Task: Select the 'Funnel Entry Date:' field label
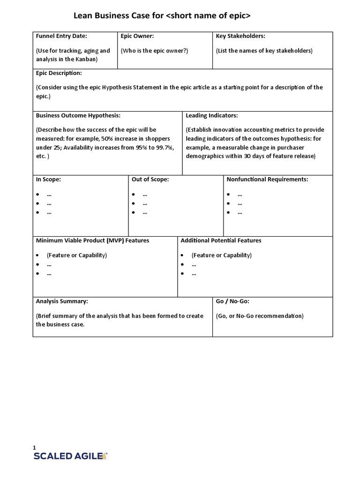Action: click(x=61, y=36)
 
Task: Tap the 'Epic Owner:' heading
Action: click(x=137, y=36)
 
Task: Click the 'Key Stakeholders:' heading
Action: click(x=240, y=36)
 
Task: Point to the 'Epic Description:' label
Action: click(x=59, y=73)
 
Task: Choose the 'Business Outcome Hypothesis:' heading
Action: click(x=78, y=115)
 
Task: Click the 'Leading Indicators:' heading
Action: click(x=211, y=115)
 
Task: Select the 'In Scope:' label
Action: click(x=48, y=180)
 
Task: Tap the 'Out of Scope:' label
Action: click(x=150, y=180)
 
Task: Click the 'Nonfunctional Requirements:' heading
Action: click(x=267, y=180)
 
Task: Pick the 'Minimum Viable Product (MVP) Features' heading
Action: click(x=92, y=240)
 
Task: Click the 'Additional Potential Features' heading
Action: click(x=221, y=240)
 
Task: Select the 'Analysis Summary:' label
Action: click(x=62, y=301)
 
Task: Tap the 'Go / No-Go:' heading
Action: click(x=229, y=301)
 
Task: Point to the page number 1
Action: click(x=34, y=447)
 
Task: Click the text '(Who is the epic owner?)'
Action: click(x=154, y=51)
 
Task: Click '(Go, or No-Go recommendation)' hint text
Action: click(x=259, y=316)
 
